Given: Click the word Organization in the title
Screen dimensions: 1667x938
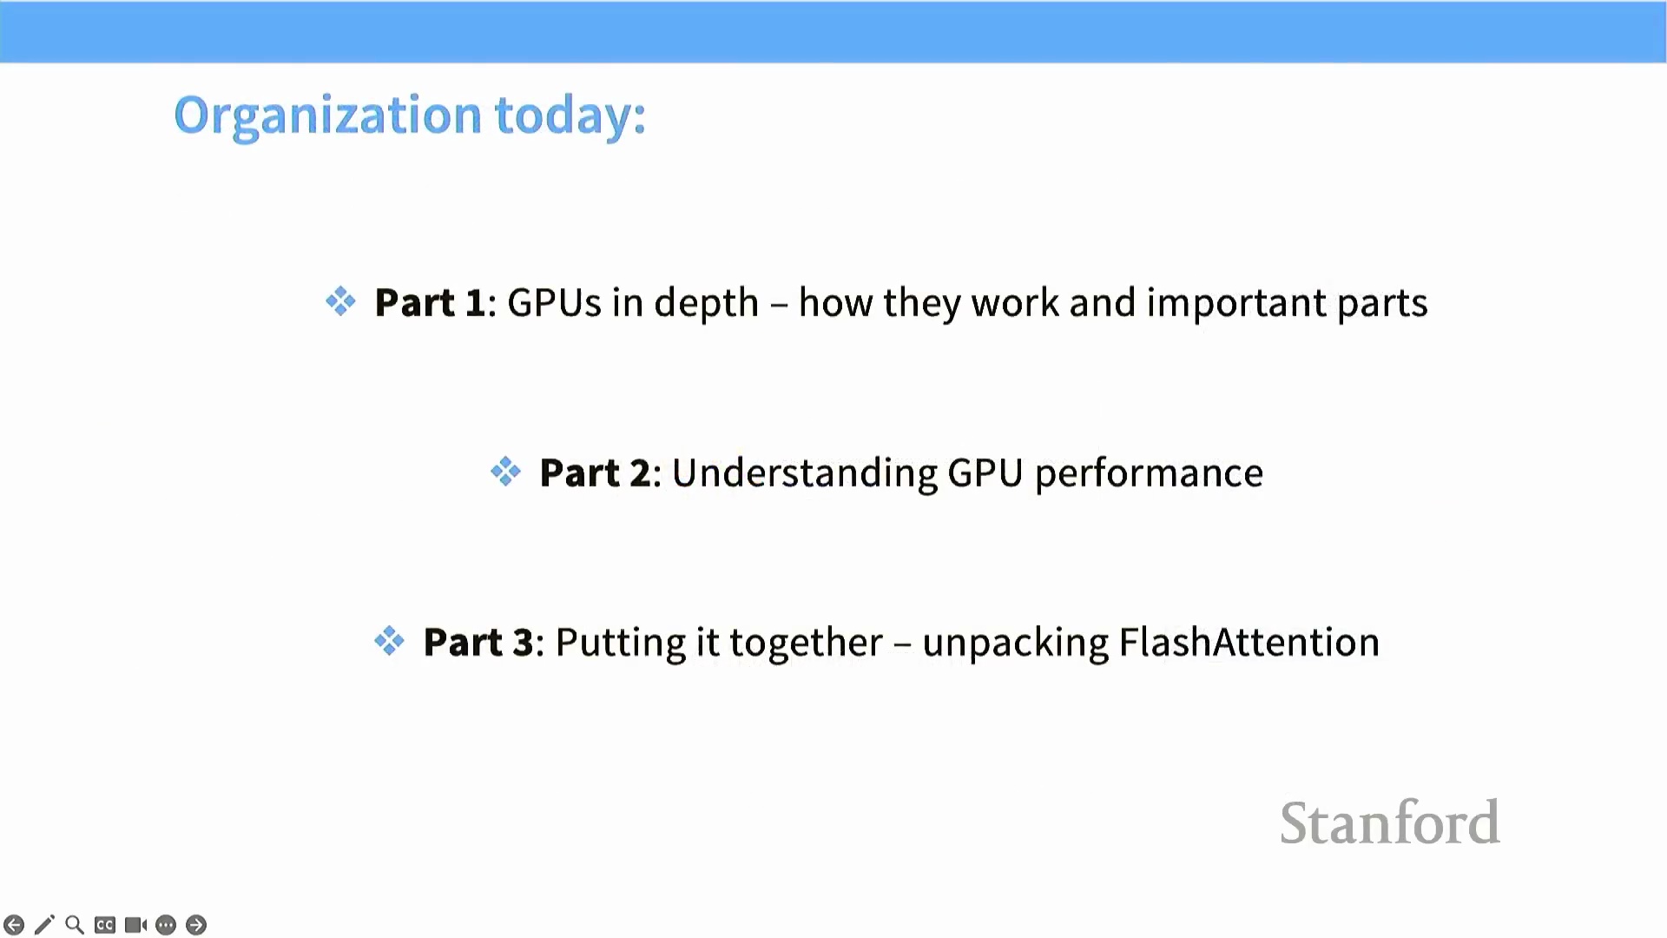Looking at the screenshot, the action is (x=327, y=116).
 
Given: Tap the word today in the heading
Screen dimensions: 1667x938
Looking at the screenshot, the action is (x=570, y=116).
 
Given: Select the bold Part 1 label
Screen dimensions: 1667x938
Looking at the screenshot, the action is (x=429, y=302).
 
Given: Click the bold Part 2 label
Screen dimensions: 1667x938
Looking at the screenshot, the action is (x=594, y=472).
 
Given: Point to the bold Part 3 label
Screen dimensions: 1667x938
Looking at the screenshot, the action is (x=478, y=642).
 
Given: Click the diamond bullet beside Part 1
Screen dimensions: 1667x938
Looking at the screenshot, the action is (x=340, y=301).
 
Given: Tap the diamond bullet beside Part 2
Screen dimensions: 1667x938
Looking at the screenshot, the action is (x=505, y=472).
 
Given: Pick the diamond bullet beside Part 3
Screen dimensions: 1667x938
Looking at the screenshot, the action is (x=389, y=642).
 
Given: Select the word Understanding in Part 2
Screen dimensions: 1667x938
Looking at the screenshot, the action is (x=805, y=473).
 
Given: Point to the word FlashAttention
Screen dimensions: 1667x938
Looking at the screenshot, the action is (x=1249, y=642).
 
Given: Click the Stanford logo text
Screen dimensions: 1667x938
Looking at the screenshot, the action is (x=1389, y=822).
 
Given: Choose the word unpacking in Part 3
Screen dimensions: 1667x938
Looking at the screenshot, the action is (x=1015, y=644).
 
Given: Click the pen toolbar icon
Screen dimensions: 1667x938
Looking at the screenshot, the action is (x=44, y=925).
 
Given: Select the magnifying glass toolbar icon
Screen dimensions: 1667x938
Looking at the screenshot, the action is (x=75, y=925).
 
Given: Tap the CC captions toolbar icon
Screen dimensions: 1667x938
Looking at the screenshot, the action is (x=105, y=925).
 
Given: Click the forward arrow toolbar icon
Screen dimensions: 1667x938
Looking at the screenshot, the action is (x=196, y=925).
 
